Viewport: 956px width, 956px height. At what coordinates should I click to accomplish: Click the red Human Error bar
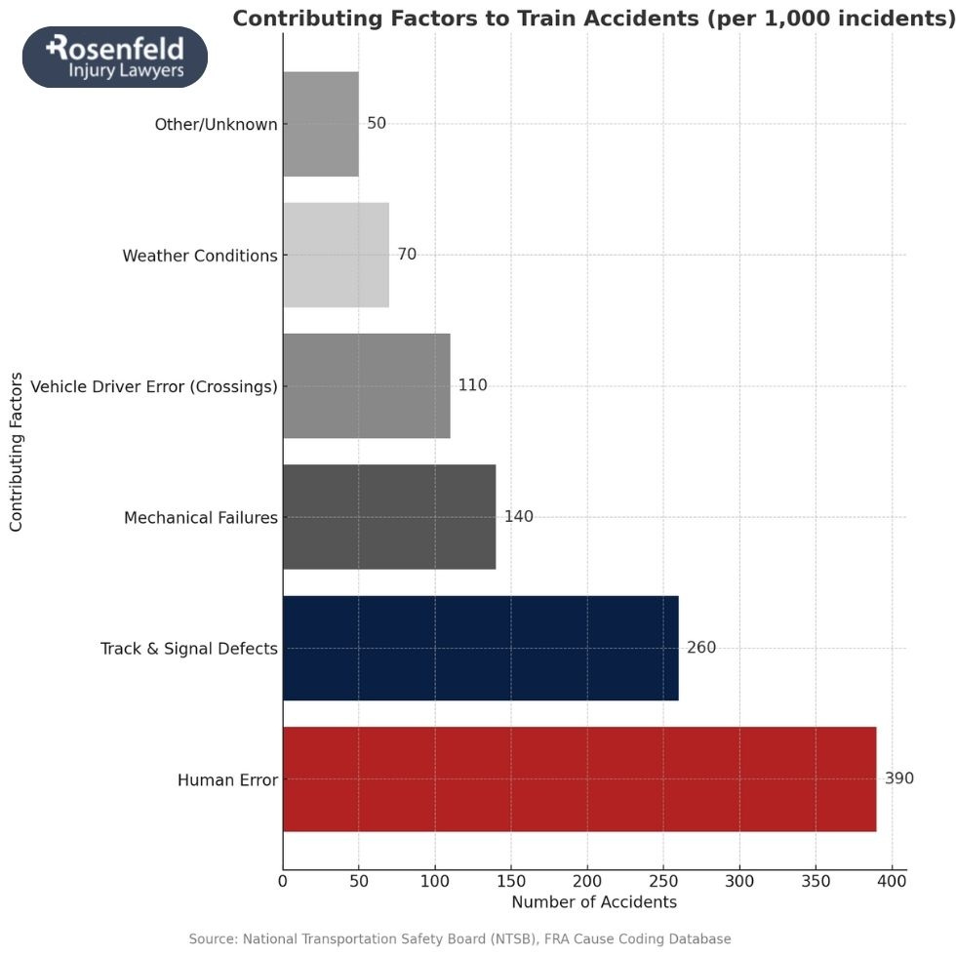579,778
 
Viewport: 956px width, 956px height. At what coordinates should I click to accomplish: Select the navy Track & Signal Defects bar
480,648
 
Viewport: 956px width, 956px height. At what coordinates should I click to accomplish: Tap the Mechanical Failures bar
389,517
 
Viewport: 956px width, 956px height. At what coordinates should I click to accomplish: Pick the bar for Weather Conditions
336,255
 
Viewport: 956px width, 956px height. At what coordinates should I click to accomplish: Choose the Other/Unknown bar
321,124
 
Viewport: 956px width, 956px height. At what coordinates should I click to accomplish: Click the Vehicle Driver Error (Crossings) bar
367,385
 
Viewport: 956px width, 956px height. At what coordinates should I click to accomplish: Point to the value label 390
898,778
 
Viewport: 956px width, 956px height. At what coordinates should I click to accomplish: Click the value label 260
700,648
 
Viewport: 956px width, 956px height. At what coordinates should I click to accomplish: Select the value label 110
472,385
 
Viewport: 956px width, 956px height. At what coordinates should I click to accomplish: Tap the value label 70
407,255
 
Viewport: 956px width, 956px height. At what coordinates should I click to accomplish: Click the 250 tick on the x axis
663,882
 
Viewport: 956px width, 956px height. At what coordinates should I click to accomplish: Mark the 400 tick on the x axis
892,882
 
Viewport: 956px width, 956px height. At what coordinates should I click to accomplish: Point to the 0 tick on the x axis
283,882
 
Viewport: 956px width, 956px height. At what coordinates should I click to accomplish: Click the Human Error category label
227,780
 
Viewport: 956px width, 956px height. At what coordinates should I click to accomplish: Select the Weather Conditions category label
199,256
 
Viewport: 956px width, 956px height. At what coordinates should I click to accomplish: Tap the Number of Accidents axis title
594,902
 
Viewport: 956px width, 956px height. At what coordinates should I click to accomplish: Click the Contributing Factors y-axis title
16,451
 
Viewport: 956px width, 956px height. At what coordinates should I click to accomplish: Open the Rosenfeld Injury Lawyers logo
115,57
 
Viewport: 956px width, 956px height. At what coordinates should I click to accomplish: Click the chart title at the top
593,19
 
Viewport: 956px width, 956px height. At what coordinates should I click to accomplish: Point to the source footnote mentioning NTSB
459,939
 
